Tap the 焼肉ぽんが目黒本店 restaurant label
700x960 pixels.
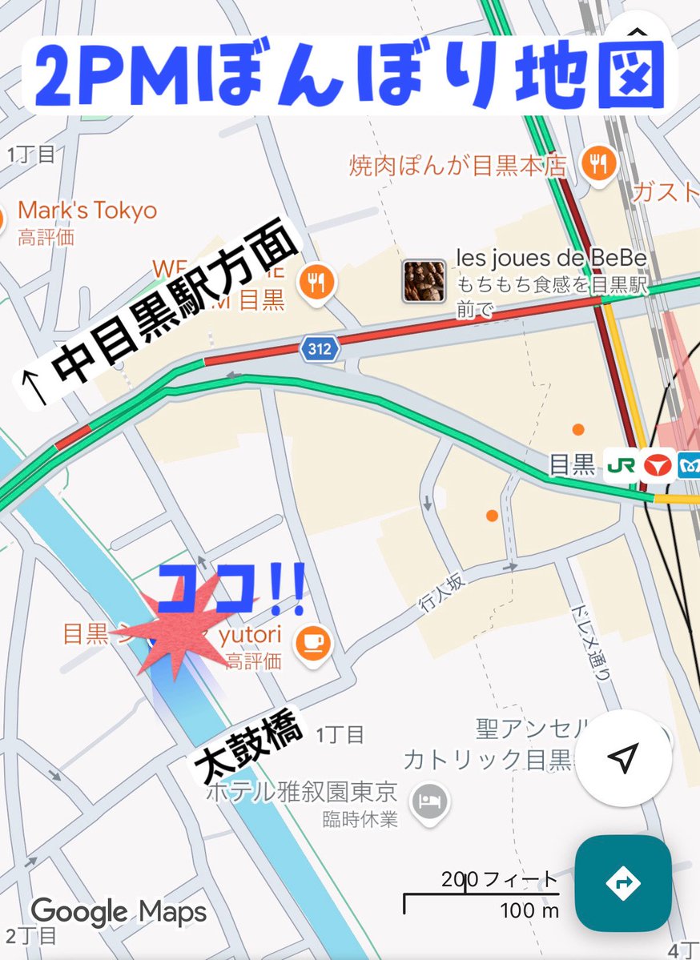pyautogui.click(x=457, y=166)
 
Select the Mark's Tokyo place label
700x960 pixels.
pyautogui.click(x=86, y=211)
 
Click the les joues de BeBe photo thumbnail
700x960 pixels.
pyautogui.click(x=424, y=281)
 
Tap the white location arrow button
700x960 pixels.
pyautogui.click(x=623, y=757)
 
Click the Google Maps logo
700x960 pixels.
pyautogui.click(x=119, y=911)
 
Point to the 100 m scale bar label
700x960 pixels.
pyautogui.click(x=529, y=910)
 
